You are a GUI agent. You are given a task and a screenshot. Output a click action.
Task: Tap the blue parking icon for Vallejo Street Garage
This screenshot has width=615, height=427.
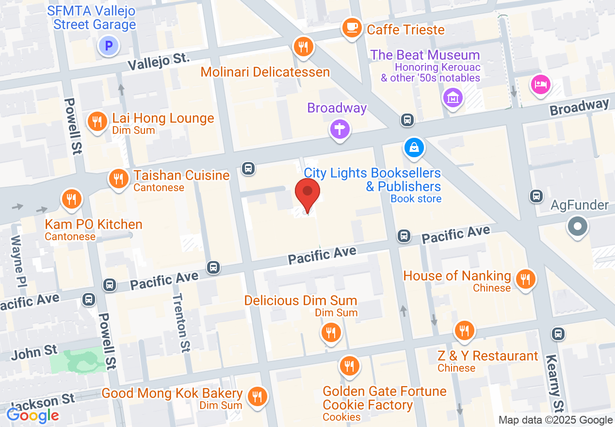click(x=109, y=47)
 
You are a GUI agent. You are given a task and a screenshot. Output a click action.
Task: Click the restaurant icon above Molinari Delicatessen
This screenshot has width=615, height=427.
click(x=304, y=47)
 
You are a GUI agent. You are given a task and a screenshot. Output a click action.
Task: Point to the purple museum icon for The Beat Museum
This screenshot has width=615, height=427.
click(x=453, y=98)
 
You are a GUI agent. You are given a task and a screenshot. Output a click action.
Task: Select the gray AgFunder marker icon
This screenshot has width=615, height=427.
click(x=577, y=227)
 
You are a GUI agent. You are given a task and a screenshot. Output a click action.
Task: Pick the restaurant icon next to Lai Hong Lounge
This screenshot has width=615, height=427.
click(x=97, y=122)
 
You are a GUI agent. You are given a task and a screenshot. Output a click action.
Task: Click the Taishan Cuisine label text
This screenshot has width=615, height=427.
click(x=181, y=175)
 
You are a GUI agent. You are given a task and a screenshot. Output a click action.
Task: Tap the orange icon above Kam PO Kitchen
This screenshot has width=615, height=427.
click(x=71, y=199)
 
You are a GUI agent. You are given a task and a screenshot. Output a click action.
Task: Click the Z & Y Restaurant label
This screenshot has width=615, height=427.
click(x=487, y=356)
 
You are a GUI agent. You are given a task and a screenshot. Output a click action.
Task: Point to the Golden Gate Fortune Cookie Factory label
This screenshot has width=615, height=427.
click(x=384, y=398)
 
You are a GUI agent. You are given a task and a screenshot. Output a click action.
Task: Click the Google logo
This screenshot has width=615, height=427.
click(x=33, y=415)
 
